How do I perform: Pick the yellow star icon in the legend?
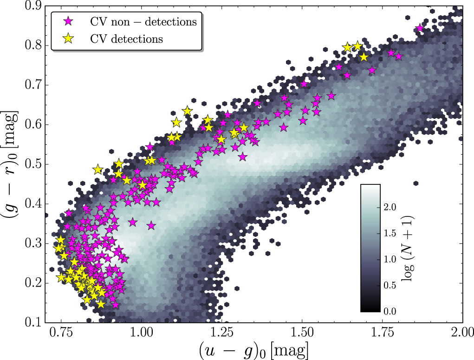click(x=69, y=39)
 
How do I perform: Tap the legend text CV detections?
click(x=127, y=39)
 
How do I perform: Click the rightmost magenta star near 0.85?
click(x=420, y=28)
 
